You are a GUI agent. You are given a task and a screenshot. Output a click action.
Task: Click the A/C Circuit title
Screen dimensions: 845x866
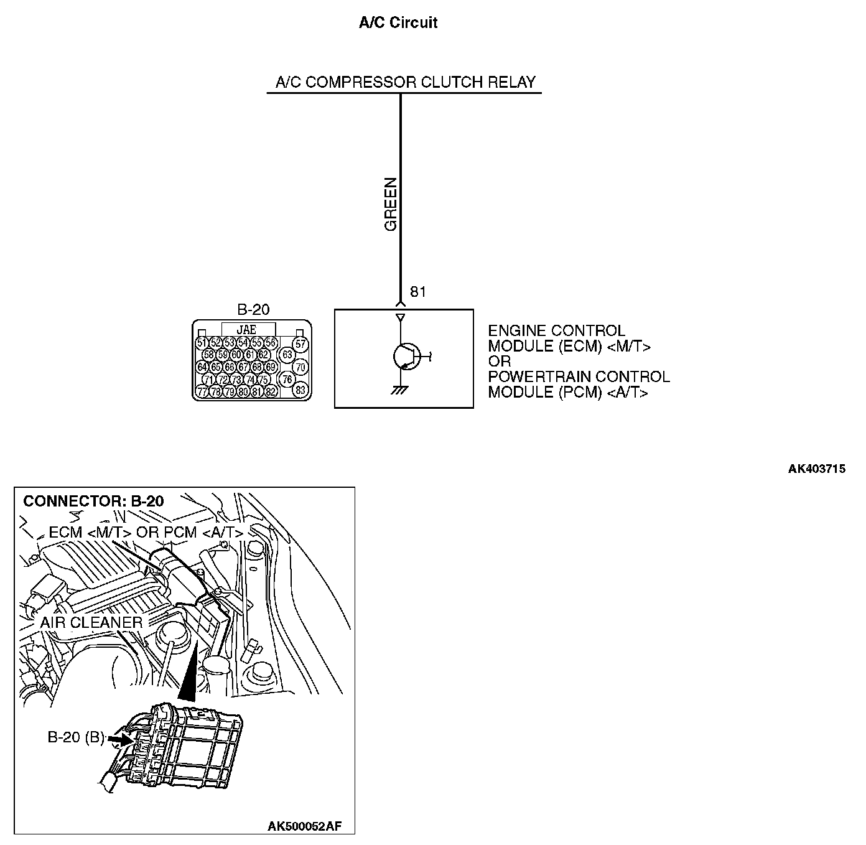(x=398, y=23)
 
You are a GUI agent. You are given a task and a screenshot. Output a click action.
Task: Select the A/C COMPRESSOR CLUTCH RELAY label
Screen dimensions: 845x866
(x=405, y=82)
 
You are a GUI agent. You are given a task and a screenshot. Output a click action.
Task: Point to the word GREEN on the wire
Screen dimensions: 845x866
(x=391, y=204)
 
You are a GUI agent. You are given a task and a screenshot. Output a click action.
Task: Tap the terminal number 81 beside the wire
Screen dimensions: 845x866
(x=418, y=292)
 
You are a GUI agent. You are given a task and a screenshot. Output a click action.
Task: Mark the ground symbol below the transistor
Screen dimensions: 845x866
(x=399, y=391)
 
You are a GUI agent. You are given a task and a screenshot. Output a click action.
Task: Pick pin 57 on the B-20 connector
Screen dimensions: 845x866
(x=300, y=343)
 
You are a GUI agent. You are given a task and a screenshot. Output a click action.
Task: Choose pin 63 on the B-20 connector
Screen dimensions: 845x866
(x=287, y=355)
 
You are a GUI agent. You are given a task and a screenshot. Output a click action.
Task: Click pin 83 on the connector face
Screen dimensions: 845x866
(x=300, y=390)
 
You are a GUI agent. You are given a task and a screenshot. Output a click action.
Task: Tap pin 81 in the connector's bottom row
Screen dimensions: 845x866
(x=256, y=392)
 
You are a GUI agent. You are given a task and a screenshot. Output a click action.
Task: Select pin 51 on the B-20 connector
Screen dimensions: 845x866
(x=202, y=343)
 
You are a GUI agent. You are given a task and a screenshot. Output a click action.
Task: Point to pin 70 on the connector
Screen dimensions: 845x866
(x=300, y=367)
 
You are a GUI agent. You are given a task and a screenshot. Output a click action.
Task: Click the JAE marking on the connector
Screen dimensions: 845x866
(x=248, y=330)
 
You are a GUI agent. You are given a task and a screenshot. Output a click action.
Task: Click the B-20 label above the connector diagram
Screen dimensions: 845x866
(x=253, y=310)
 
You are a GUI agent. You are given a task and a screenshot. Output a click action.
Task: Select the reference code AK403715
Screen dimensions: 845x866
(x=816, y=469)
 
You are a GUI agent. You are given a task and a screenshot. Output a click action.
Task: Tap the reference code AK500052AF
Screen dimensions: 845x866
(x=304, y=826)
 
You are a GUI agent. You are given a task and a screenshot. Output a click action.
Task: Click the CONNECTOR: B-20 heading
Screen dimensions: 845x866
(x=93, y=501)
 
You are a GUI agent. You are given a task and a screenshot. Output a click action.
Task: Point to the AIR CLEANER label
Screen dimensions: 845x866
(x=91, y=622)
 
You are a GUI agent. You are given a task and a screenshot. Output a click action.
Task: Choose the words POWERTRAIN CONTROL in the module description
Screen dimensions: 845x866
(x=579, y=376)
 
